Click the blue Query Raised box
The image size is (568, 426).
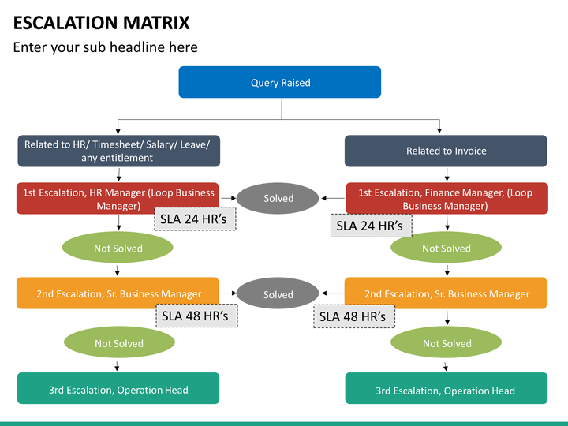point(279,82)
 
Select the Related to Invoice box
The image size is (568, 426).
point(446,151)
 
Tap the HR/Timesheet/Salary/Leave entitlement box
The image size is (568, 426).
point(119,151)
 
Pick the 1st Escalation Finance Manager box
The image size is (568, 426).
point(447,198)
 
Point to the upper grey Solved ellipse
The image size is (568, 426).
point(278,198)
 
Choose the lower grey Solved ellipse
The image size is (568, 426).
point(278,293)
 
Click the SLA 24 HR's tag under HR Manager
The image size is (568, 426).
point(195,219)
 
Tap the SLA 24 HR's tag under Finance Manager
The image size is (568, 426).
point(372,226)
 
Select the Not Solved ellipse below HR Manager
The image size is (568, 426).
point(118,248)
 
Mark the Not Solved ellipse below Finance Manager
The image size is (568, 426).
point(446,248)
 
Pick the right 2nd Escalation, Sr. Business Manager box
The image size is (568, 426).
point(446,293)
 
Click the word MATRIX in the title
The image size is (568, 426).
point(156,22)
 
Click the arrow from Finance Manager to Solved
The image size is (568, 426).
point(333,198)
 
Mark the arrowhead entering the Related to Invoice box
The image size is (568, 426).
point(439,131)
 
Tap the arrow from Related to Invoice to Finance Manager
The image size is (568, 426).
point(447,174)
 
